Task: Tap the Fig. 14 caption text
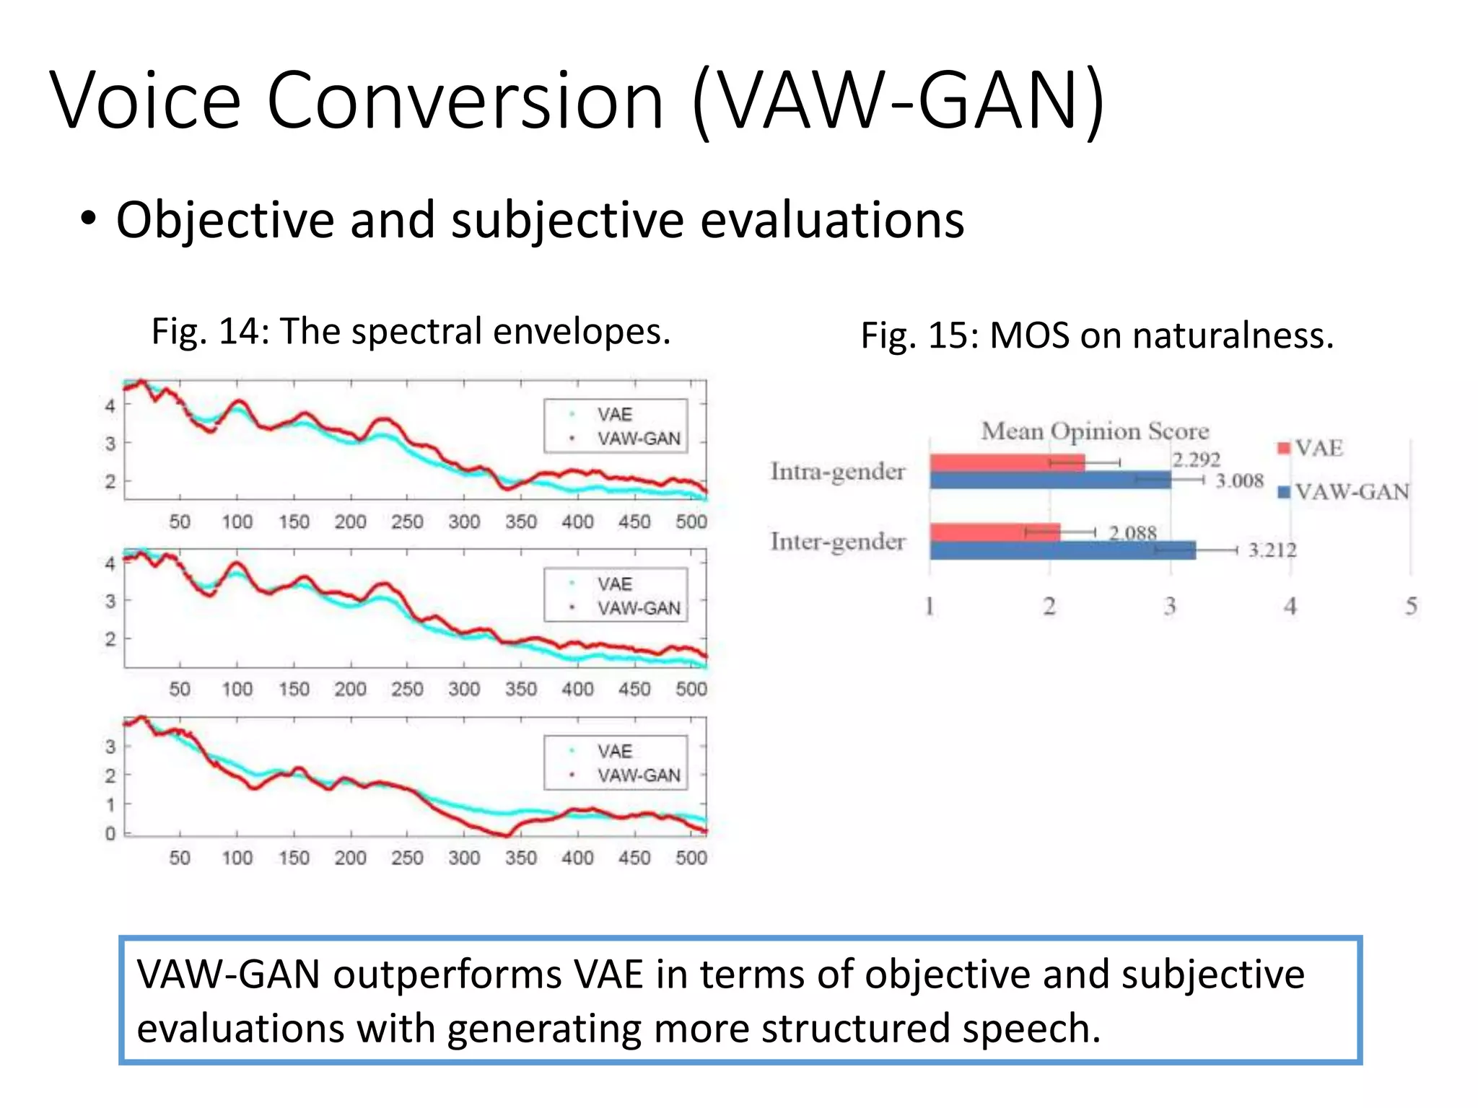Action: point(411,332)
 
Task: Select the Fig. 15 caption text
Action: point(1097,335)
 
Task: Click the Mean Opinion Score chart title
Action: point(1094,431)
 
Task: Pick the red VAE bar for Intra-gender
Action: point(1007,463)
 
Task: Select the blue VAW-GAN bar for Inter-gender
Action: point(1062,550)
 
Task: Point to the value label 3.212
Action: point(1272,550)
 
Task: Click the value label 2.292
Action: point(1195,460)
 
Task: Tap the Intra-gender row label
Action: point(837,472)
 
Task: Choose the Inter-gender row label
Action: point(837,542)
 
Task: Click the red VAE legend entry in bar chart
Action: point(1311,448)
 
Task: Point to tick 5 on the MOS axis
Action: point(1410,606)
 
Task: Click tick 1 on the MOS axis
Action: point(930,606)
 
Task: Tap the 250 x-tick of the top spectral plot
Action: point(407,522)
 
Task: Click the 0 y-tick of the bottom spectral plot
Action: point(110,833)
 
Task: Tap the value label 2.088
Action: point(1132,533)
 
